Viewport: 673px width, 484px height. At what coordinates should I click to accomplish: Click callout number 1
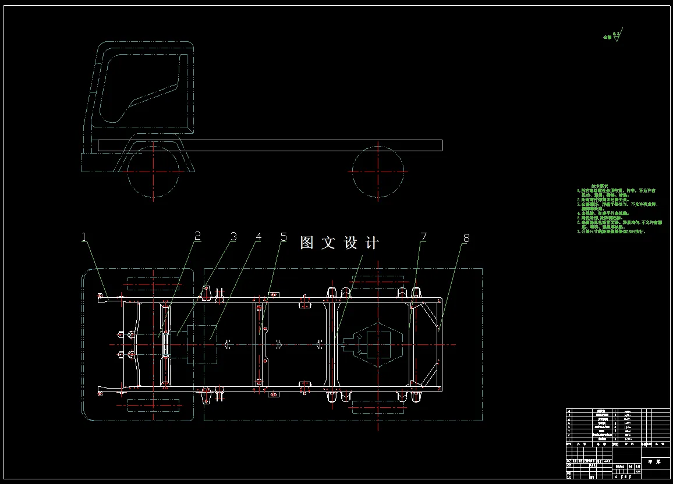coord(84,237)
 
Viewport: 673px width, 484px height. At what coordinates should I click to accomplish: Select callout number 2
coord(197,236)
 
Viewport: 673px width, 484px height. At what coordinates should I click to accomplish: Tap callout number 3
coord(233,237)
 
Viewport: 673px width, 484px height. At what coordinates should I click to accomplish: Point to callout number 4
coord(258,237)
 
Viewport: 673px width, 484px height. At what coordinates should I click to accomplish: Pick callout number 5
coord(284,237)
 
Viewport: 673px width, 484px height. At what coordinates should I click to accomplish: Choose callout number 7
coord(423,237)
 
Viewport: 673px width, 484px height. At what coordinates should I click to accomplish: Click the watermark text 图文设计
coord(339,243)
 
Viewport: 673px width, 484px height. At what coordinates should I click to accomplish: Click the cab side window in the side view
coord(140,87)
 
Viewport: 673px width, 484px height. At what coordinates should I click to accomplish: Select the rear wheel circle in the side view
coord(378,172)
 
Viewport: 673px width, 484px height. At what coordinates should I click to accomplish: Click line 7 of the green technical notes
coord(611,232)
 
